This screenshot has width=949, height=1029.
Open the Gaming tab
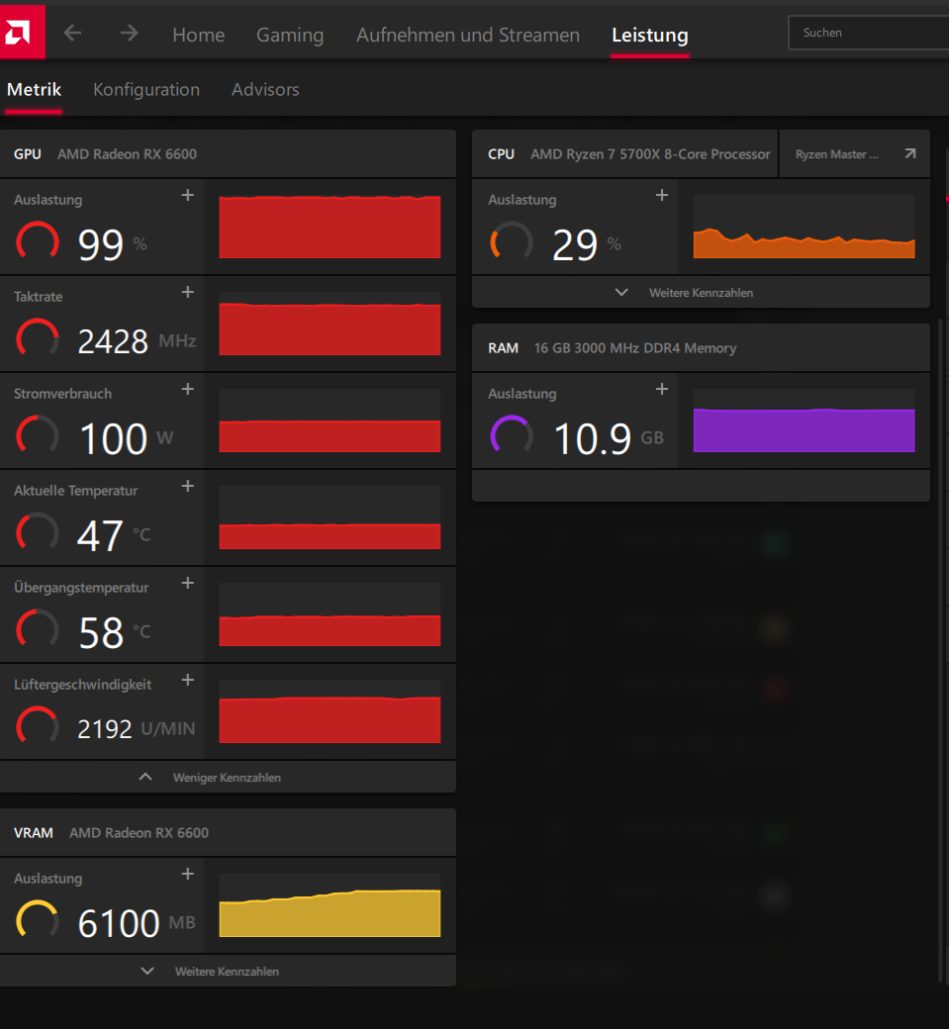[290, 35]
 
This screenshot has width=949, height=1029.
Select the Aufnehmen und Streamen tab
[468, 35]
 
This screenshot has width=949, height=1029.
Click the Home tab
[198, 35]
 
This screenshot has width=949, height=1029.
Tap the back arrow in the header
[72, 33]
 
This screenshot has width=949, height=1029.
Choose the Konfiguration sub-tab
[146, 89]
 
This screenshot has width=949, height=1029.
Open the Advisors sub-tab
[265, 89]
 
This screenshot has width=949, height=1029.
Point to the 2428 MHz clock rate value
[113, 341]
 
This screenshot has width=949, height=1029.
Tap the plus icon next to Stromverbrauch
[188, 390]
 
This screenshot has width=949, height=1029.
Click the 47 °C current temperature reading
[100, 535]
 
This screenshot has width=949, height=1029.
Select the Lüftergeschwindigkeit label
[82, 684]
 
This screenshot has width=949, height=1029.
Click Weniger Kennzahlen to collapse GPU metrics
[226, 778]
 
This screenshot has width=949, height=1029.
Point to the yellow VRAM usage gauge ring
[38, 919]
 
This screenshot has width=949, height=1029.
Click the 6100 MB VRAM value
[119, 923]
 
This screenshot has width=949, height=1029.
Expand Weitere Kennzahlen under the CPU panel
[700, 293]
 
